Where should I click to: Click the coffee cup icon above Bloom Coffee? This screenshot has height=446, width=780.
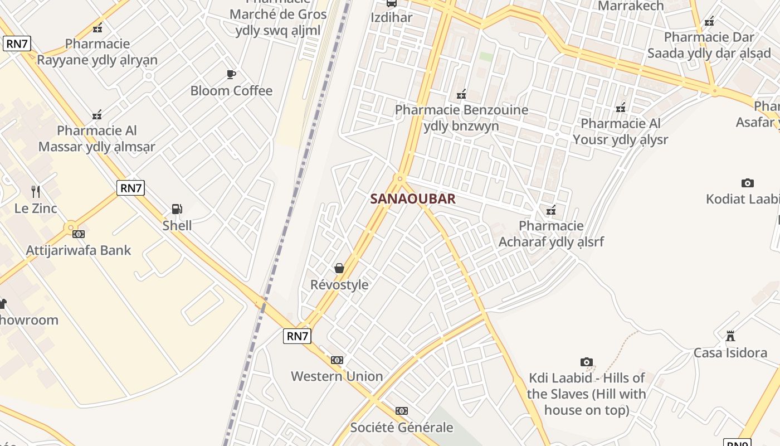pos(231,74)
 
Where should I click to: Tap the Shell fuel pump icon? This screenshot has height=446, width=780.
pos(177,209)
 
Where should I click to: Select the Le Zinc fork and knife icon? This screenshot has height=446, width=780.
pos(36,192)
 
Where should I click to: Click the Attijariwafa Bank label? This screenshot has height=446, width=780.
pos(79,250)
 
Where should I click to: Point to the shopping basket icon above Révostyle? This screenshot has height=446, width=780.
pos(339,268)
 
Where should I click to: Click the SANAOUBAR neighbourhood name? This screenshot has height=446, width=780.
pos(413,198)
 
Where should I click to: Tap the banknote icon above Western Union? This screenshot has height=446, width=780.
pos(337,360)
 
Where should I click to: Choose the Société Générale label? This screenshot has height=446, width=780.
pos(401,428)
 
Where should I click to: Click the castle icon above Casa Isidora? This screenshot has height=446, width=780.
pos(730,336)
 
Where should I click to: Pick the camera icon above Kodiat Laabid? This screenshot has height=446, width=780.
pos(748,183)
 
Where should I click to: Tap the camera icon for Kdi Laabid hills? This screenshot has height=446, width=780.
pos(586,362)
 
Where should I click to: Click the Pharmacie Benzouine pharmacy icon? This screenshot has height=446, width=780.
pos(461,94)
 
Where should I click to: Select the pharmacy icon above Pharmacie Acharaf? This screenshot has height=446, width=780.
pos(551,210)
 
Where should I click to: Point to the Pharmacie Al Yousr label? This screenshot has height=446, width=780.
pos(621,132)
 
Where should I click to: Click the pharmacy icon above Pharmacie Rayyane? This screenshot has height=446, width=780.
pos(97,28)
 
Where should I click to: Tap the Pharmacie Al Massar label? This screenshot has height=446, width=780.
pos(97,139)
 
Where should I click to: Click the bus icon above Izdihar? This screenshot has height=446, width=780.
pos(392,3)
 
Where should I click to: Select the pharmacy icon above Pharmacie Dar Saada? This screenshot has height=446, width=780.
pos(709,22)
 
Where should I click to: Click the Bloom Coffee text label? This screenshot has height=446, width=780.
pos(231,91)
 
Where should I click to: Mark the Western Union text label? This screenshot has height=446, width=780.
pos(337,376)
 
